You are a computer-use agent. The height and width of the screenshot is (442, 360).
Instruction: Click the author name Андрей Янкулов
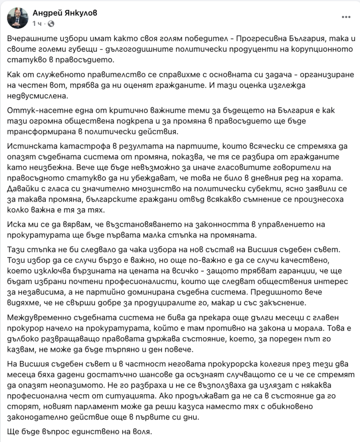65,13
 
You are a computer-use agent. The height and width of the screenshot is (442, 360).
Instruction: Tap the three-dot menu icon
346,17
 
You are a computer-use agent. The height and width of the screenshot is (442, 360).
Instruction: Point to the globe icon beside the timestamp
51,23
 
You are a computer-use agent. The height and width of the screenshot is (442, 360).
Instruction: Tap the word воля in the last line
141,431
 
